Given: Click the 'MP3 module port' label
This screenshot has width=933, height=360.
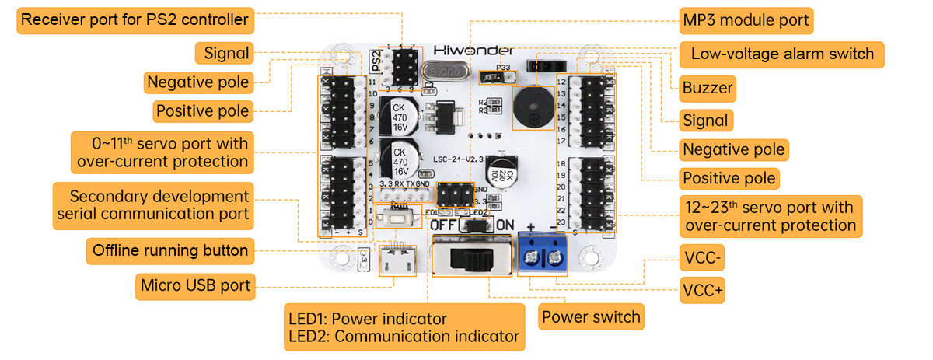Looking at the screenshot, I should (x=745, y=20).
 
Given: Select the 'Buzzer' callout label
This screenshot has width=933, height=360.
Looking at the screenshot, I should (x=707, y=88).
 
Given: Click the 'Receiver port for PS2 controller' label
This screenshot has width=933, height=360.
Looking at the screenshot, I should (x=135, y=19).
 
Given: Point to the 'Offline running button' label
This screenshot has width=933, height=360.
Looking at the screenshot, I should (x=169, y=250).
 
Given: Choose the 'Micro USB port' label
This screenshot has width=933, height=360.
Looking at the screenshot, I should (x=195, y=285).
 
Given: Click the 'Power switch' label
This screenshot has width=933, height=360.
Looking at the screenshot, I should (x=591, y=316).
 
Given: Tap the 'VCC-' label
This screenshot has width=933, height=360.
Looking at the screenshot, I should (x=701, y=258).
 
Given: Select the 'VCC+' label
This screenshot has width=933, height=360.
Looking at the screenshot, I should (x=702, y=291).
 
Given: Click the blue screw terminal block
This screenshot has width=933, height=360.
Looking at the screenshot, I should (x=543, y=255).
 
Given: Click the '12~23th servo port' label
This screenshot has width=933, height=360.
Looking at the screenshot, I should (x=769, y=216).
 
